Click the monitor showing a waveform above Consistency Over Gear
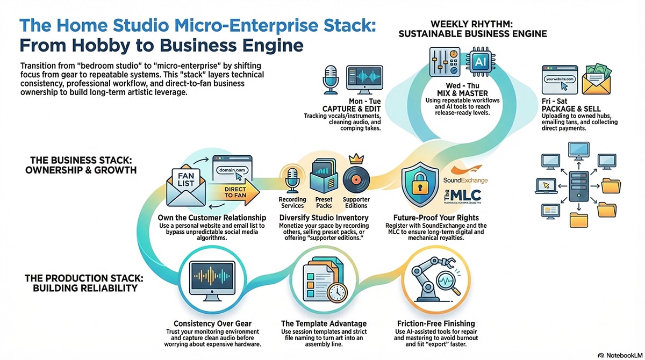[212, 279]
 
